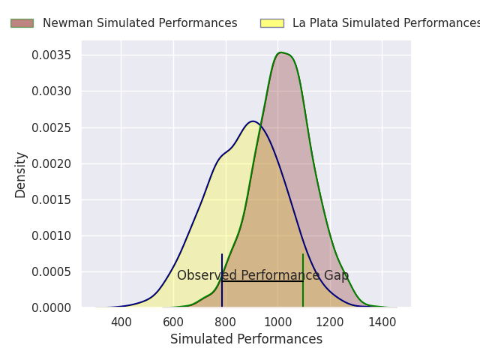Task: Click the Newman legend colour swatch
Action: (x=22, y=23)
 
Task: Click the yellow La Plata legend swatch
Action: (x=272, y=23)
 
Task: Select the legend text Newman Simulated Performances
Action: (x=140, y=23)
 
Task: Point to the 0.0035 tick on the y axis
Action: (x=52, y=55)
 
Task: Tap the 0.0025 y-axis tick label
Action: (x=52, y=127)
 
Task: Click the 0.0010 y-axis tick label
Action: (x=52, y=235)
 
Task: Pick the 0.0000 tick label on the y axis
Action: (x=52, y=307)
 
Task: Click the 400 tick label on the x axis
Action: (x=121, y=322)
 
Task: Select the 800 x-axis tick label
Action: (x=226, y=322)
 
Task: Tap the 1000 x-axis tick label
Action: (x=277, y=322)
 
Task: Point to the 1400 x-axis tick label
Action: (x=382, y=322)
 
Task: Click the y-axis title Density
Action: (x=20, y=175)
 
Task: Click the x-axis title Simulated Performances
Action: (x=247, y=339)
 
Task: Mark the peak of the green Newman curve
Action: (x=280, y=52)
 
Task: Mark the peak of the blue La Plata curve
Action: (x=253, y=121)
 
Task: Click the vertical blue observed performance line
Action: (x=222, y=280)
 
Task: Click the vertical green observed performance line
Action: (x=303, y=280)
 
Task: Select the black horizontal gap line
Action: (x=262, y=280)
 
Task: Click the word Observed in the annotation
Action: (x=207, y=275)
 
